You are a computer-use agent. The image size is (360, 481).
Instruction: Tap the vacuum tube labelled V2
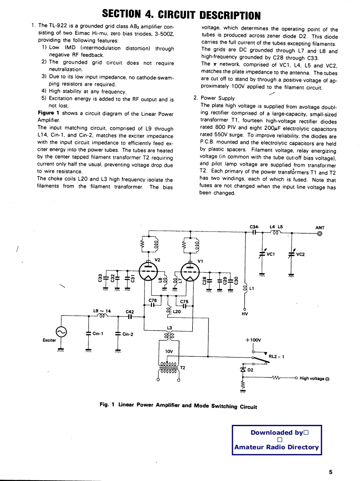(148, 272)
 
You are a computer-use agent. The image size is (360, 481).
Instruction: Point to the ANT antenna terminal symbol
(320, 234)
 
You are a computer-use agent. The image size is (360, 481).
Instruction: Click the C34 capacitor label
(254, 227)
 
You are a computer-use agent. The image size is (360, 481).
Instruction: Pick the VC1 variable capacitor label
(270, 254)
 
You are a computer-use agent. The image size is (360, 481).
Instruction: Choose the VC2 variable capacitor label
(300, 254)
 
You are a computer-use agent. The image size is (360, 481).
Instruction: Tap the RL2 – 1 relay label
(276, 356)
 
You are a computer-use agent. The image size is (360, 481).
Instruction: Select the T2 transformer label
(182, 368)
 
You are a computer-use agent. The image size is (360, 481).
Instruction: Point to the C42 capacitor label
(130, 312)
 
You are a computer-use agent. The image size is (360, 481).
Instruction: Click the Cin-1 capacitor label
(99, 334)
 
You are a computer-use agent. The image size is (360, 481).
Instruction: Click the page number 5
(331, 472)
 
